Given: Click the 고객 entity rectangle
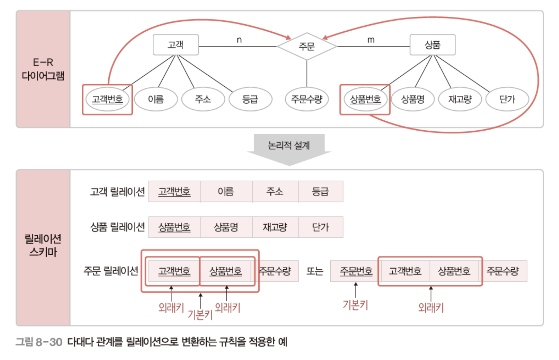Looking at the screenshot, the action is point(176,45).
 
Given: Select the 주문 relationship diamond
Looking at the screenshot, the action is point(307,46).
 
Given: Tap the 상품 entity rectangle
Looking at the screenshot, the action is point(432,45).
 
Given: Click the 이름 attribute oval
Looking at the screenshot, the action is point(156,99).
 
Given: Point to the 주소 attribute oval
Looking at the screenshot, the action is point(203,99).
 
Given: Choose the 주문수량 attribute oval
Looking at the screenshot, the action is point(306,99).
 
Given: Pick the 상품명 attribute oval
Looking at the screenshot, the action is point(412,99).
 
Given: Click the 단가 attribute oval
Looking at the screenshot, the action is point(507,99).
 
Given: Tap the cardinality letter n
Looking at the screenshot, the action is point(239,40).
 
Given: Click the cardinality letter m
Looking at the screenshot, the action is point(371,40).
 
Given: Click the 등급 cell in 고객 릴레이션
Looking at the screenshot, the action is point(320,192).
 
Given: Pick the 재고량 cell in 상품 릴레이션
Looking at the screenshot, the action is point(275,227).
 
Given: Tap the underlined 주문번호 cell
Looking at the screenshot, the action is point(356,271).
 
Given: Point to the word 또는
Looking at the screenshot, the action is point(315,271).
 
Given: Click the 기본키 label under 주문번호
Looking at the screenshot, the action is point(355,305).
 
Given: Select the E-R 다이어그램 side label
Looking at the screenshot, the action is point(43,69).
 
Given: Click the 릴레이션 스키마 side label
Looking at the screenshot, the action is point(43,245).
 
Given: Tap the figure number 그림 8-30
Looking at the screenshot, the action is point(39,342).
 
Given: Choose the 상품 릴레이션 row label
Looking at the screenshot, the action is point(117,227).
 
